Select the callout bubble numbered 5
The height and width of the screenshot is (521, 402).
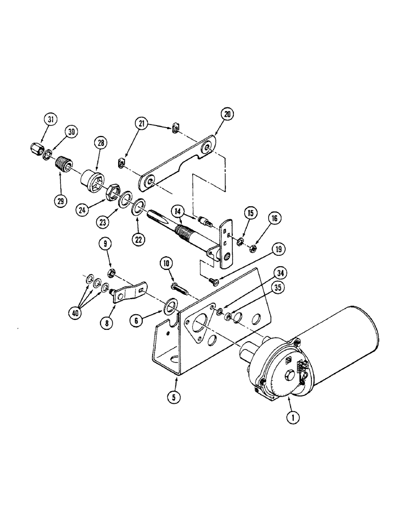(174, 395)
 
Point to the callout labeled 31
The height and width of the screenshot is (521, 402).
(51, 120)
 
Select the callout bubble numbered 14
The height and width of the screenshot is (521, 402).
(178, 212)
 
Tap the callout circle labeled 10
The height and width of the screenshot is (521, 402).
(166, 265)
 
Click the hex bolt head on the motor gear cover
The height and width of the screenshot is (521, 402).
(289, 374)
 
